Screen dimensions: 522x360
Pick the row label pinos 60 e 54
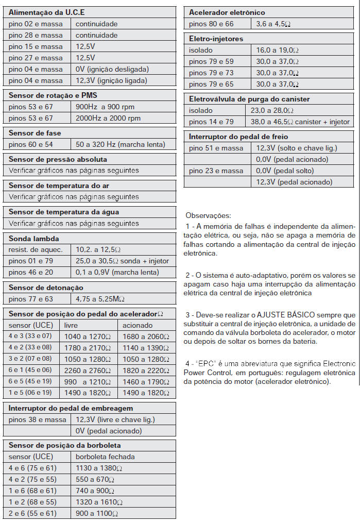[x=31, y=145]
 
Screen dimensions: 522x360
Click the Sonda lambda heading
[x=34, y=239]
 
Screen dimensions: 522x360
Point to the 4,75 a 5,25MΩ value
[x=100, y=299]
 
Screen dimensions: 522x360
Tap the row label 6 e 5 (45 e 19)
[x=30, y=382]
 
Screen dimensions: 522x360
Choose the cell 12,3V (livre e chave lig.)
[x=115, y=419]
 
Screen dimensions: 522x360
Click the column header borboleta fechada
[x=105, y=457]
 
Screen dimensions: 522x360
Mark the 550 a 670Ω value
[x=98, y=479]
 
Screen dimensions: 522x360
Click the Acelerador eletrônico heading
[x=227, y=12]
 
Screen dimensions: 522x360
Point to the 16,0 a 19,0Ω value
[x=278, y=50]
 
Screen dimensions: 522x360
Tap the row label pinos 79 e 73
[x=211, y=73]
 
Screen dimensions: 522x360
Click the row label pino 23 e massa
[x=216, y=171]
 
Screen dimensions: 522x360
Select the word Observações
[x=208, y=215]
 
